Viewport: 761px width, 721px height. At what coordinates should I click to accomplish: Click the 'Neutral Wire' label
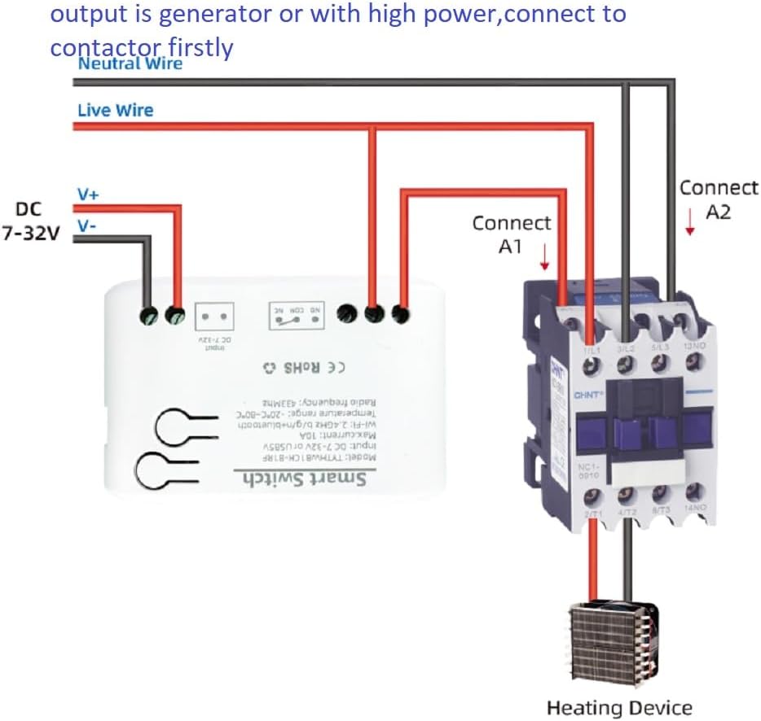click(130, 63)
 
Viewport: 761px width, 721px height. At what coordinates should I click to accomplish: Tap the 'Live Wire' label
click(115, 110)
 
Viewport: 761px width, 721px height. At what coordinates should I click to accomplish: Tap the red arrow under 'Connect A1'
click(544, 258)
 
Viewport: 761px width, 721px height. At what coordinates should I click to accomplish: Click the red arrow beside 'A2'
click(690, 222)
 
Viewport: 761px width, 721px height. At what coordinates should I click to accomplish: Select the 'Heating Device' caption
click(619, 708)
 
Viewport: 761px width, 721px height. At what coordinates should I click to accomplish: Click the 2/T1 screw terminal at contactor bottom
click(593, 494)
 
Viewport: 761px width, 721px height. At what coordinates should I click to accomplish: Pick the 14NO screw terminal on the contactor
click(695, 491)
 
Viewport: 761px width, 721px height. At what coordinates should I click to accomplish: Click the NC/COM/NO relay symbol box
click(297, 315)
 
